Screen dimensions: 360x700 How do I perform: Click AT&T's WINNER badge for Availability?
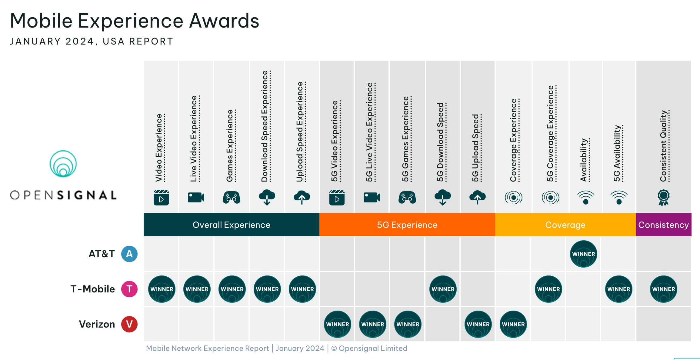583,254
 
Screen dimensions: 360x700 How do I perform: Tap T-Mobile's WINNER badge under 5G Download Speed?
443,289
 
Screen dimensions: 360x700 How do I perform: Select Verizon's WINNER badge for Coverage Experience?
513,324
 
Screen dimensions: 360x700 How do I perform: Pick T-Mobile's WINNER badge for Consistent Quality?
663,289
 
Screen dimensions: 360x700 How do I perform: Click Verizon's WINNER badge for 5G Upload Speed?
478,324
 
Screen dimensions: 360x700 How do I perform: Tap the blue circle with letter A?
129,254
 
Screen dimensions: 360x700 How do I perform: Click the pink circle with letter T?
129,289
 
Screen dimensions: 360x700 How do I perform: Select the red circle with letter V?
129,324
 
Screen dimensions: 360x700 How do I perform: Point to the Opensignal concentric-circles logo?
63,164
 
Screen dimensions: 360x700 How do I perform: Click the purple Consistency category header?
663,225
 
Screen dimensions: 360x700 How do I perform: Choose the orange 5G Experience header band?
407,225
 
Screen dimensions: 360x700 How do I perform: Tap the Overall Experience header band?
231,225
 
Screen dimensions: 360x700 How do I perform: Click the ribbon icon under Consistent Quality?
663,198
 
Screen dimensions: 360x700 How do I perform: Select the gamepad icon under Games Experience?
232,198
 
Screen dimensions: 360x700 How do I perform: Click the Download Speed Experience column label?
265,126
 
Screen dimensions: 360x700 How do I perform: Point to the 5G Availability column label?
617,153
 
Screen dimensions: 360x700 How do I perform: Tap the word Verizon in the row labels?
97,324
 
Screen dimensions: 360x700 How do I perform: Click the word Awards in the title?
224,21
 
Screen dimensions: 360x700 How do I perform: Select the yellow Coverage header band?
565,225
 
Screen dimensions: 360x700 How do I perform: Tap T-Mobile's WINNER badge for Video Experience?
162,289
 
